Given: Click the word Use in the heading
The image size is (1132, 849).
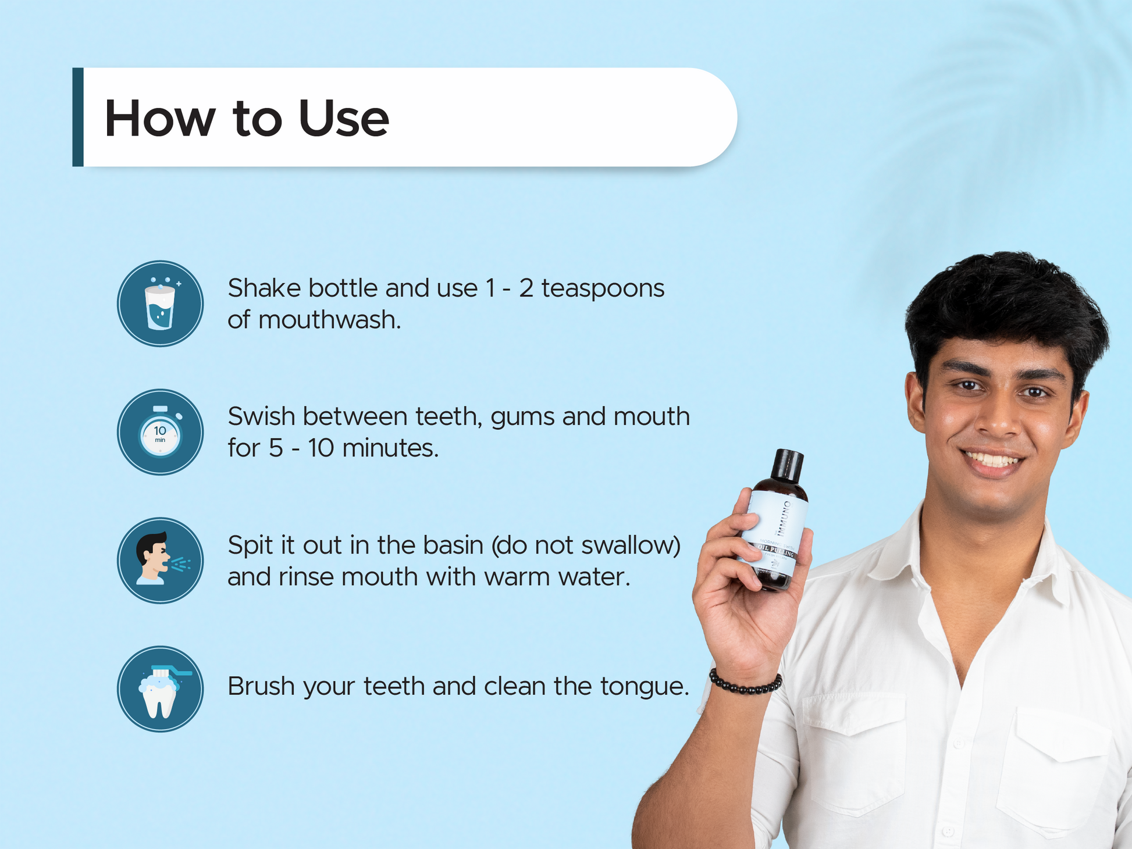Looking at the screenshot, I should point(343,119).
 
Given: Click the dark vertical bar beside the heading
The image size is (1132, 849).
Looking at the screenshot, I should point(78,117).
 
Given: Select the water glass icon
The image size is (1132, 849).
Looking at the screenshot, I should point(160,304).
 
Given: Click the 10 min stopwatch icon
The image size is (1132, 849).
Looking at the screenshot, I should point(160,433).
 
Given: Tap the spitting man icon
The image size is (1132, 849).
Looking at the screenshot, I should point(160,561).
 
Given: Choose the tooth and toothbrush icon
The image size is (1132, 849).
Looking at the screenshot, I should point(160,689).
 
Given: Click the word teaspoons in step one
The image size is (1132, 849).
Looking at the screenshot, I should point(603,288).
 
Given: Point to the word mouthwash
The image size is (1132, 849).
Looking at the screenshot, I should point(329,320).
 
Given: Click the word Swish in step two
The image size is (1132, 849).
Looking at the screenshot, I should point(261,417).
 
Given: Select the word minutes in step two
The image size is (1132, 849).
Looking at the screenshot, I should point(390,448).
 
